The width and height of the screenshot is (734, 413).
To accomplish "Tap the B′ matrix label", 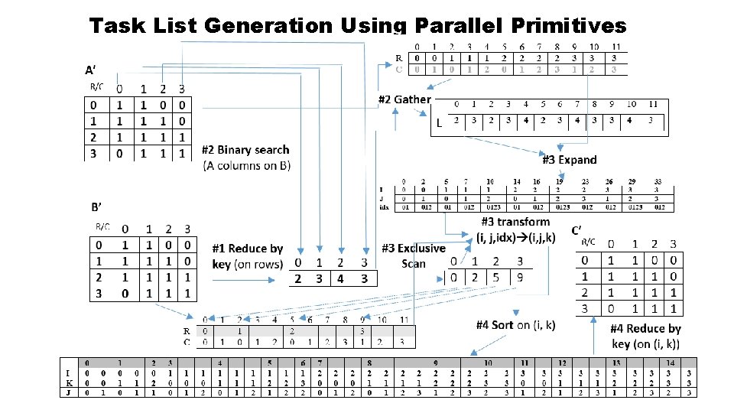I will [x=97, y=206].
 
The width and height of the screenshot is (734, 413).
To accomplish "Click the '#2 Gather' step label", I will [x=404, y=99].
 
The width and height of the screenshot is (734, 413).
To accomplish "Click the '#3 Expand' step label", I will [x=570, y=160].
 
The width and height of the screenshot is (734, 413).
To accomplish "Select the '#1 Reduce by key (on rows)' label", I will [x=248, y=256].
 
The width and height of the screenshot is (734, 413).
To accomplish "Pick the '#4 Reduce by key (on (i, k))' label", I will [x=645, y=336].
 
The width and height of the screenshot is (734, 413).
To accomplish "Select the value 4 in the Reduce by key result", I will [x=341, y=278].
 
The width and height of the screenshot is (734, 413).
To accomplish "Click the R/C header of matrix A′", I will [x=96, y=86].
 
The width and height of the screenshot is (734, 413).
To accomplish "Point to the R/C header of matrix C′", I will [x=589, y=242].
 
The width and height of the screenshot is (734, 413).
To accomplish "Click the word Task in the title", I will [x=118, y=26].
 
